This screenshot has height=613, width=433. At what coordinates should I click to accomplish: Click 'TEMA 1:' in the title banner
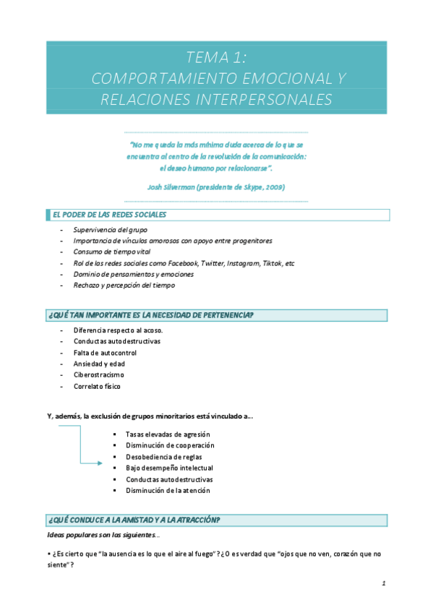[x=216, y=58]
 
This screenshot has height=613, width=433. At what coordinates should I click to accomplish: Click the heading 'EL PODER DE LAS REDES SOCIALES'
[x=109, y=215]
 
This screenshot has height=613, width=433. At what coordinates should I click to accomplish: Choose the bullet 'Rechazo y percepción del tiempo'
[x=124, y=286]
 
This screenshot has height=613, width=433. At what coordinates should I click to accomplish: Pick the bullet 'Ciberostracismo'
[x=98, y=375]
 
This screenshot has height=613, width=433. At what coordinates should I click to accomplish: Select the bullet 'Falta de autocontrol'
[x=105, y=353]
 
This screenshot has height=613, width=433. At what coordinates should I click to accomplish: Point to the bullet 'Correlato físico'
[x=97, y=386]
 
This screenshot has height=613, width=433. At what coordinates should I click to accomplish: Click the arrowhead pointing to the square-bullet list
[x=100, y=463]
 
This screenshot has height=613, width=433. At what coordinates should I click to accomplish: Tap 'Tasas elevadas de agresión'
[x=168, y=434]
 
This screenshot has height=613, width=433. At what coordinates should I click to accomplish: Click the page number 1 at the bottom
[x=385, y=583]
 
